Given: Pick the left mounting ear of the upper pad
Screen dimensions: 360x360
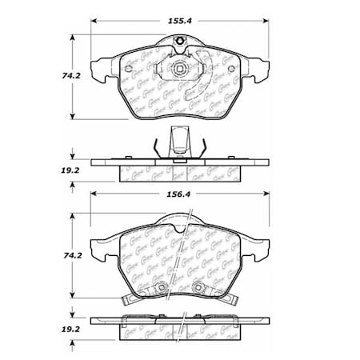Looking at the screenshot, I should [x=99, y=69].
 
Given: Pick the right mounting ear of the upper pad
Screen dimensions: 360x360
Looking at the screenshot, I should [x=260, y=69].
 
